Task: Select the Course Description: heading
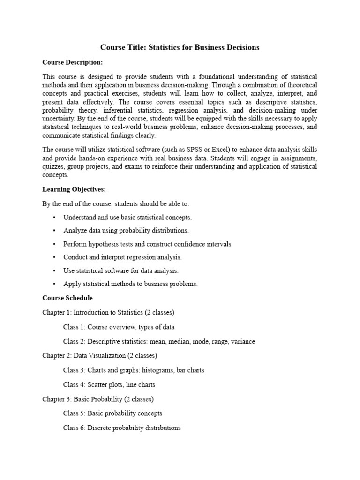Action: click(x=72, y=62)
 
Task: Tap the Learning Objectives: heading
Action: click(x=74, y=189)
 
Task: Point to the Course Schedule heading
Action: click(x=67, y=298)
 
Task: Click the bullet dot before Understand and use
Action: click(x=54, y=217)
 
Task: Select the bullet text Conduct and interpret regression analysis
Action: click(x=122, y=257)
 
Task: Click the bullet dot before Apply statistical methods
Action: click(x=54, y=284)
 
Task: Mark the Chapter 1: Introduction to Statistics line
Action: click(x=108, y=312)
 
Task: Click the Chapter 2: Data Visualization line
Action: click(x=100, y=355)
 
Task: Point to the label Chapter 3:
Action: click(x=57, y=399)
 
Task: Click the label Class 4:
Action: click(x=74, y=384)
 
